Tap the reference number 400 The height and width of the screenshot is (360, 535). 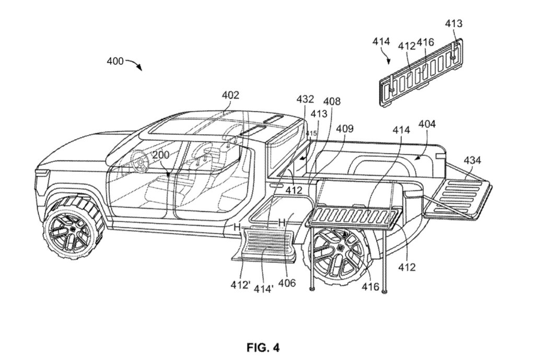pos(115,61)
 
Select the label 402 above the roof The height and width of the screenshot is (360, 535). pos(230,96)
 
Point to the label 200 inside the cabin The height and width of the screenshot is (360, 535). pos(162,156)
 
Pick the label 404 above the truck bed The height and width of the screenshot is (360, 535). pos(427,124)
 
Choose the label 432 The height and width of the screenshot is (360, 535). pos(305,98)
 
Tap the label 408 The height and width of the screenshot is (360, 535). pos(331,101)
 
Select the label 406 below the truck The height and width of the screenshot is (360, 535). pos(287,283)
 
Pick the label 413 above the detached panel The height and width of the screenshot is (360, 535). pos(453,24)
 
